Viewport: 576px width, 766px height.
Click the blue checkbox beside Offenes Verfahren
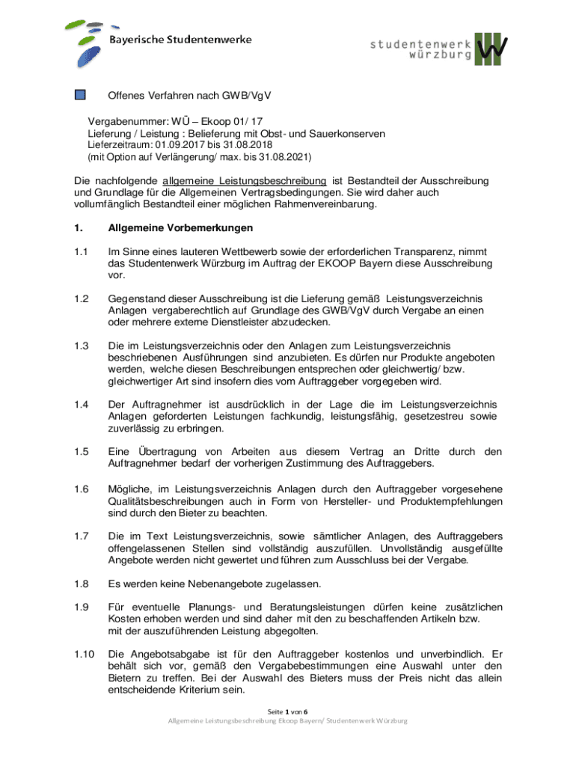tap(81, 95)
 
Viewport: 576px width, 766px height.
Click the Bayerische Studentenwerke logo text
tap(181, 39)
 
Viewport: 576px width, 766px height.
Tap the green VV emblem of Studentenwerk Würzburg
tap(492, 49)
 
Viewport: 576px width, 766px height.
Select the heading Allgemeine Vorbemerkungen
tap(181, 227)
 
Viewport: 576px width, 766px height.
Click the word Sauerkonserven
tap(346, 133)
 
